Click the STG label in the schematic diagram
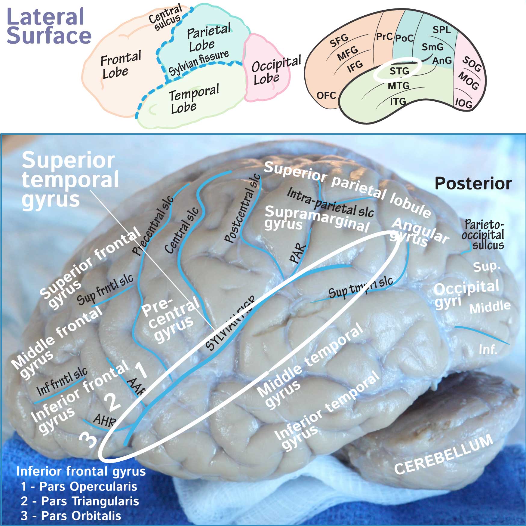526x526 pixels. pyautogui.click(x=399, y=71)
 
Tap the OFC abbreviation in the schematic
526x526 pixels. pyautogui.click(x=326, y=95)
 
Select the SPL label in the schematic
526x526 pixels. pyautogui.click(x=441, y=30)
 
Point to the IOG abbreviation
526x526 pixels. pyautogui.click(x=463, y=103)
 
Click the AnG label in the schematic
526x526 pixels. pyautogui.click(x=442, y=60)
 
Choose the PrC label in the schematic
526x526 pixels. pyautogui.click(x=384, y=36)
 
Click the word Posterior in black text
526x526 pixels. pyautogui.click(x=473, y=183)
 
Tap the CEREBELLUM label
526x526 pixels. pyautogui.click(x=444, y=455)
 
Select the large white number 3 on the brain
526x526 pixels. pyautogui.click(x=88, y=440)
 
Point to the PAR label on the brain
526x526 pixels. pyautogui.click(x=298, y=254)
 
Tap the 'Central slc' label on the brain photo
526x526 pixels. pyautogui.click(x=181, y=230)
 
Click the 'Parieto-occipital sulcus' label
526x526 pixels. pyautogui.click(x=483, y=235)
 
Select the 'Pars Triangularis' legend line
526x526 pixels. pyautogui.click(x=80, y=501)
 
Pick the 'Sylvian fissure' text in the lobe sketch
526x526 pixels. pyautogui.click(x=198, y=62)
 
